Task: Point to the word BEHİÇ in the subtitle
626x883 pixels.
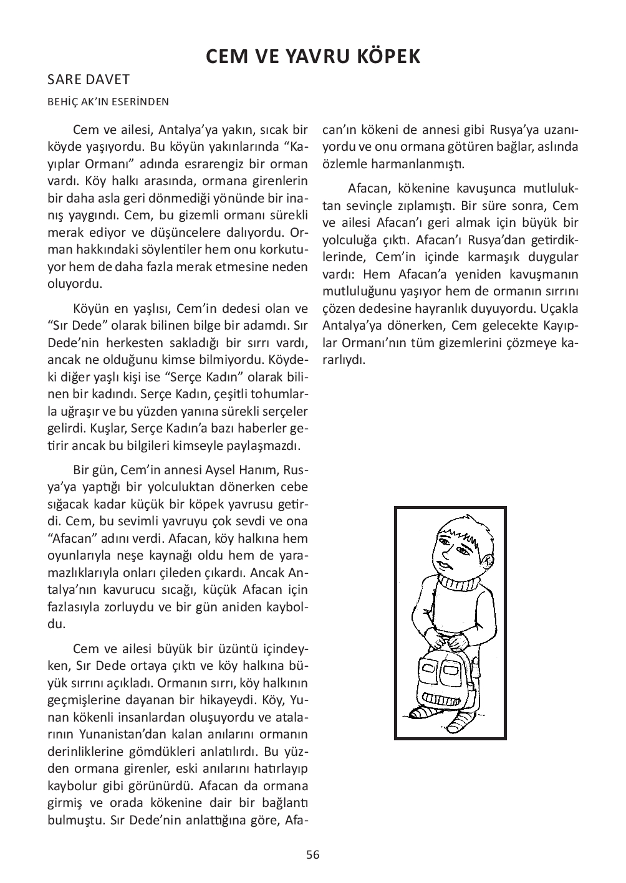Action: click(x=63, y=102)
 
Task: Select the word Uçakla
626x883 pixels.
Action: click(x=557, y=308)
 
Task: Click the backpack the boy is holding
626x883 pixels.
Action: click(x=443, y=679)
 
